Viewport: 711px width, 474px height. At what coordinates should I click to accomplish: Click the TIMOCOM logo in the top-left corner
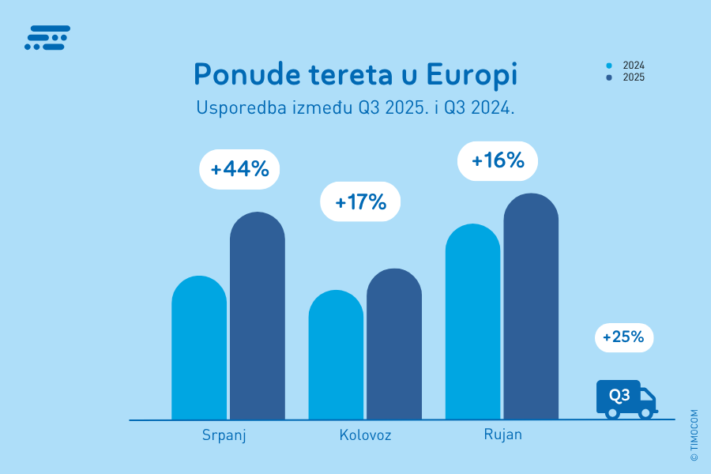coord(47,38)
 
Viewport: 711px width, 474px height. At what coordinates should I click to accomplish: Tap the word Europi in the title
coord(472,75)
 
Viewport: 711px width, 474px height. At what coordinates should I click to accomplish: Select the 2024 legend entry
coord(627,66)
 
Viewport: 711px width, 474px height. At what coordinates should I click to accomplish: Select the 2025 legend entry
coord(627,77)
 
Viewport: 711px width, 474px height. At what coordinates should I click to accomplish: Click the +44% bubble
coord(239,169)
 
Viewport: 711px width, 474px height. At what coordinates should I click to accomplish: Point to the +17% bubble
coord(360,201)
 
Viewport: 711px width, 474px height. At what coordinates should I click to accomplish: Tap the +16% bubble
coord(498,160)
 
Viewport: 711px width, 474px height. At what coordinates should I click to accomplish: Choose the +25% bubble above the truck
coord(624,337)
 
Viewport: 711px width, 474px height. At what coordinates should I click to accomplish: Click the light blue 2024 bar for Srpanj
coord(199,352)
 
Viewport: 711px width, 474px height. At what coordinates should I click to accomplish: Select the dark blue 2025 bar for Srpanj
coord(258,320)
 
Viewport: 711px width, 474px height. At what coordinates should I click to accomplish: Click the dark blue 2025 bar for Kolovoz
coord(394,348)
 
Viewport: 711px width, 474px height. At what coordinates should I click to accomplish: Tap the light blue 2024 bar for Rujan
coord(472,324)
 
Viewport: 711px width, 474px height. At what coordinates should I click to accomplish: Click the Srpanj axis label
coord(224,435)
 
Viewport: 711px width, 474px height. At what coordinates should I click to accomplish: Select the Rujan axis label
coord(502,434)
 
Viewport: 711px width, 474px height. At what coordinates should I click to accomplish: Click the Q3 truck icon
coord(626,399)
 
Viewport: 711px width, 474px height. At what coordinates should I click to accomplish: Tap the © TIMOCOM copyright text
coord(694,434)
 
